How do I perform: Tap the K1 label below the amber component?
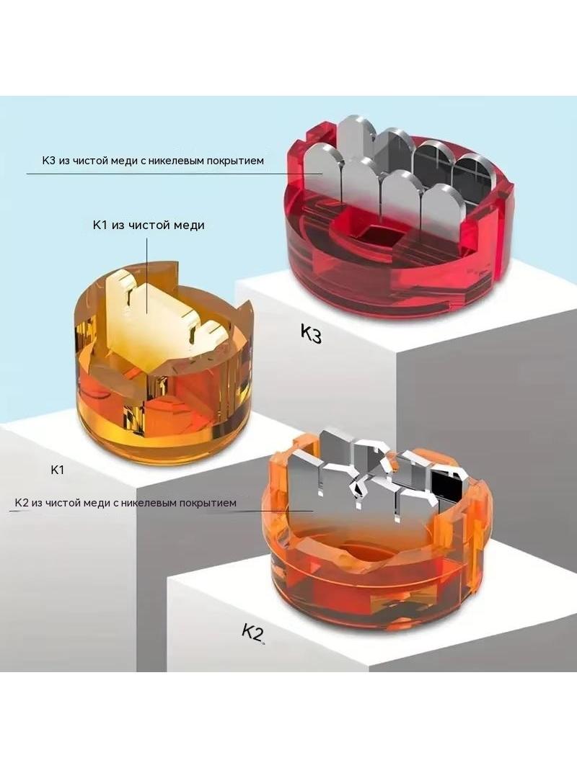tap(58, 470)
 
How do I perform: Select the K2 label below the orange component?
tap(252, 633)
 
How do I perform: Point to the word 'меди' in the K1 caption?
tap(188, 225)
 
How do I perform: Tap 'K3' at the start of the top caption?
tap(48, 161)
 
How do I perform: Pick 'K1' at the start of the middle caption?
tap(100, 225)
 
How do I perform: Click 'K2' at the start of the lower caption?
tap(22, 503)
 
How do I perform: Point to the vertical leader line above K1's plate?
tap(147, 274)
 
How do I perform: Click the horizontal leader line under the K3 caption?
tap(175, 174)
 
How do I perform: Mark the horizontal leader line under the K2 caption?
tap(161, 510)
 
